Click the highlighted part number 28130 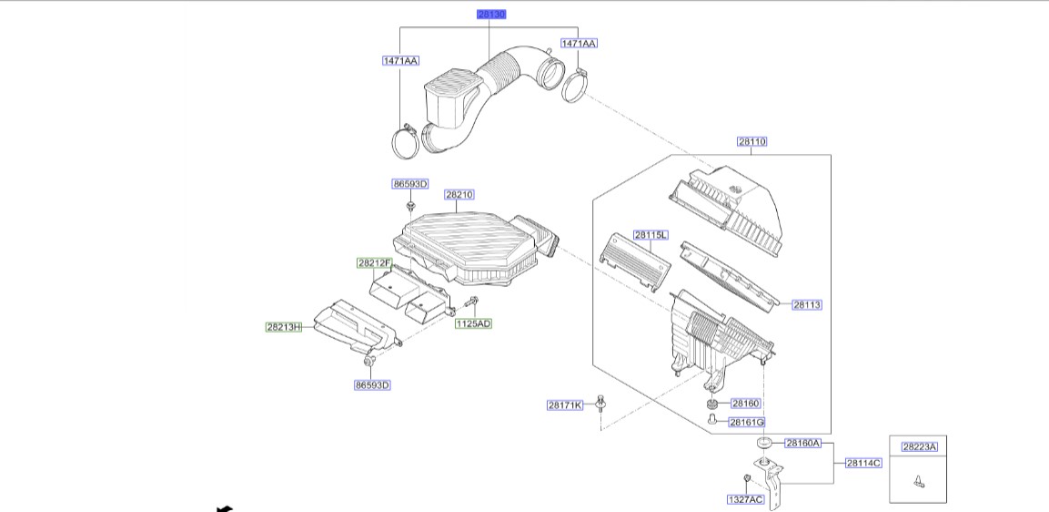click(x=492, y=15)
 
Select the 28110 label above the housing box click(x=751, y=142)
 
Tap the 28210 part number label click(x=459, y=194)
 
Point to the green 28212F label click(x=374, y=263)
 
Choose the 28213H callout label click(x=284, y=327)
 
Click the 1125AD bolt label click(x=473, y=323)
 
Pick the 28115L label click(x=651, y=235)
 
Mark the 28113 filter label click(x=806, y=305)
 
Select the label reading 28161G click(x=746, y=422)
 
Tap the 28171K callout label click(x=565, y=405)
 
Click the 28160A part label click(x=803, y=444)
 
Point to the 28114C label click(x=863, y=463)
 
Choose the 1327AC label click(x=745, y=500)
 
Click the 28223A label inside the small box click(x=919, y=446)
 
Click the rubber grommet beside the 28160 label click(x=711, y=403)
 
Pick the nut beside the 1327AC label click(x=746, y=477)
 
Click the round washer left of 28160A click(x=764, y=443)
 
